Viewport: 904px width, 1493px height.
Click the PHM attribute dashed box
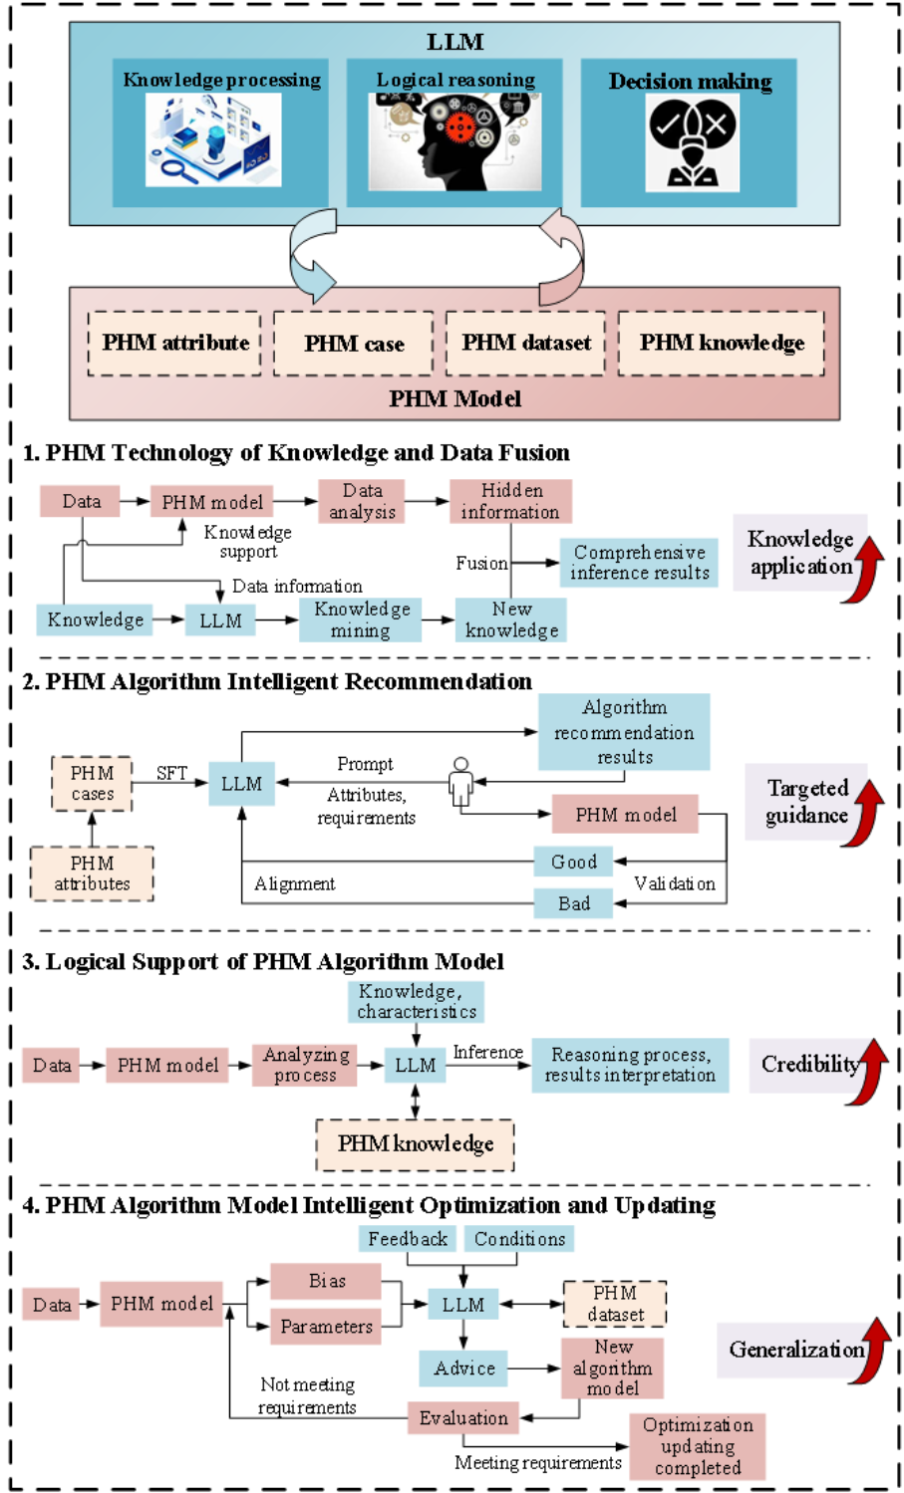tap(174, 343)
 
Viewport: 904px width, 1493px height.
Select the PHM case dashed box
tap(354, 344)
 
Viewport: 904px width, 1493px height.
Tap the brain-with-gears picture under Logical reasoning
tap(455, 141)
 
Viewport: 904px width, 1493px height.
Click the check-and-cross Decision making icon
tap(692, 142)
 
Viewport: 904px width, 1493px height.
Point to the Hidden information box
tap(510, 502)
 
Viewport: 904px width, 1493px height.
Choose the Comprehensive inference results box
tap(639, 563)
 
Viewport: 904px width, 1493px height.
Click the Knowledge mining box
tap(361, 620)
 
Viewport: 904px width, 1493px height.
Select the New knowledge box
tap(511, 620)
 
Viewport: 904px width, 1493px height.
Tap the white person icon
tap(460, 782)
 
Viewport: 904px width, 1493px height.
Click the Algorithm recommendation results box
tap(624, 732)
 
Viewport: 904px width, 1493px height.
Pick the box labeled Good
tap(573, 862)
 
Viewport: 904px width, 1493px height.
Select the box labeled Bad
tap(573, 903)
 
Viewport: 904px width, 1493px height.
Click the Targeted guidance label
tap(805, 802)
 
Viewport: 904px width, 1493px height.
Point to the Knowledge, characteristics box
tap(417, 1001)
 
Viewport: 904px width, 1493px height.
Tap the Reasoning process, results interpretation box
tap(630, 1065)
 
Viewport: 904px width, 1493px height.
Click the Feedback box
tap(408, 1239)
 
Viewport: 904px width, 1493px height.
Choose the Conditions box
tap(519, 1239)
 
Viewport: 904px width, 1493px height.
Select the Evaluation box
tap(463, 1418)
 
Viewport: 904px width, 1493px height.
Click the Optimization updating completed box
tap(698, 1446)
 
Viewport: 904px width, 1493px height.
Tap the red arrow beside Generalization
tap(876, 1351)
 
